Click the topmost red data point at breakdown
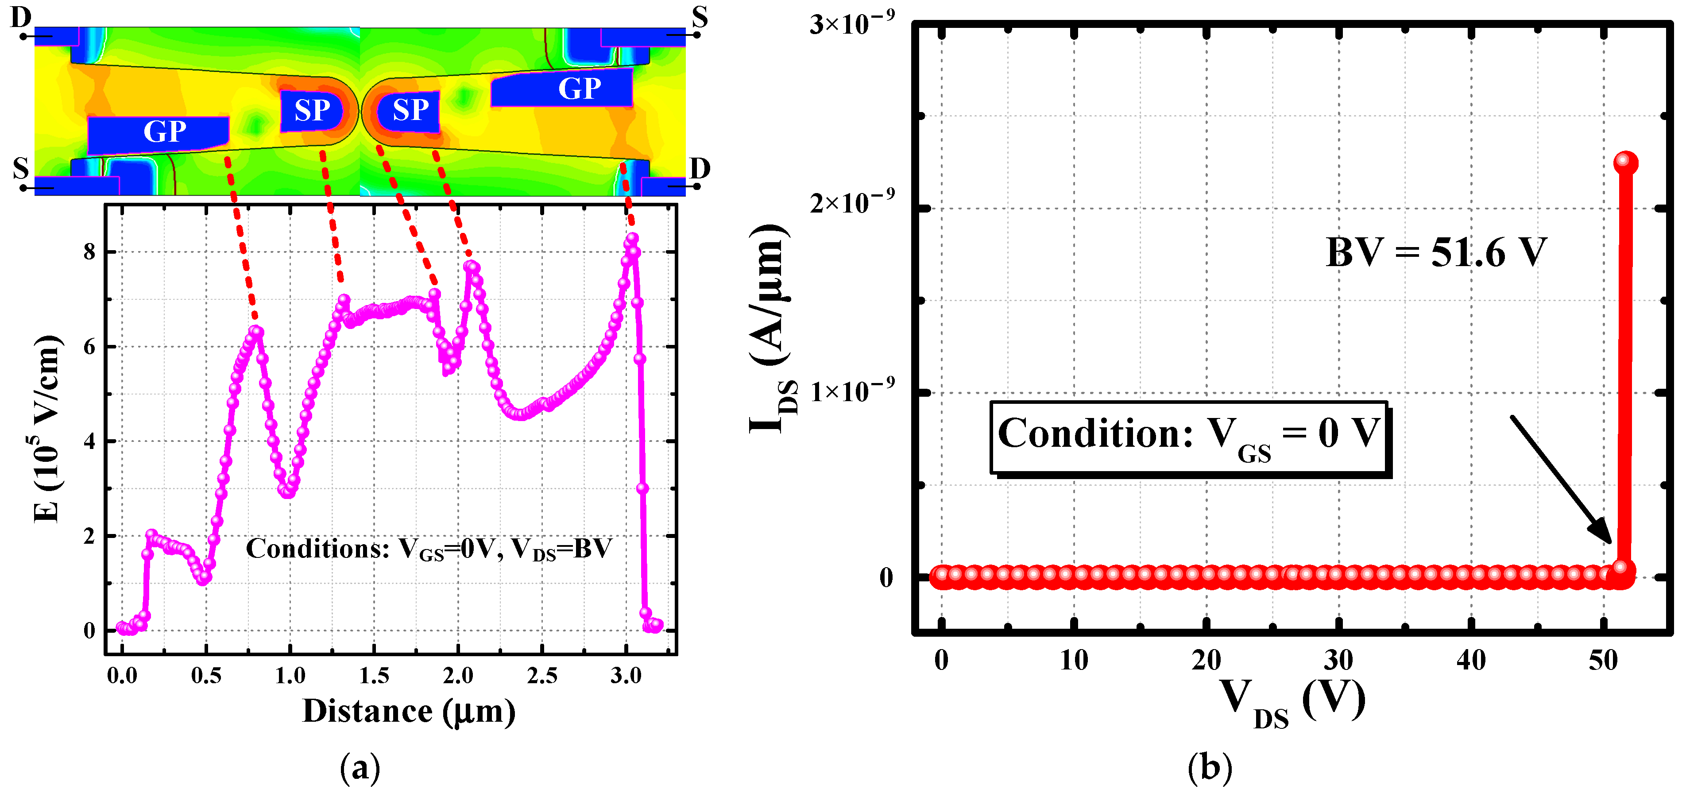pyautogui.click(x=1626, y=162)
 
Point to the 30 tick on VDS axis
pyautogui.click(x=1338, y=660)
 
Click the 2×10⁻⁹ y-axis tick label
pyautogui.click(x=851, y=202)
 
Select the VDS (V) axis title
pyautogui.click(x=1293, y=703)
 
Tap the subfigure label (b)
pyautogui.click(x=1210, y=767)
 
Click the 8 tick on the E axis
pyautogui.click(x=90, y=252)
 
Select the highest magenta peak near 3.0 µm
pyautogui.click(x=632, y=239)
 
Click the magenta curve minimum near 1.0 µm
pyautogui.click(x=288, y=492)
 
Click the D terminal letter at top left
pyautogui.click(x=21, y=17)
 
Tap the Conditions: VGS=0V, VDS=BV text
pyautogui.click(x=428, y=548)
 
